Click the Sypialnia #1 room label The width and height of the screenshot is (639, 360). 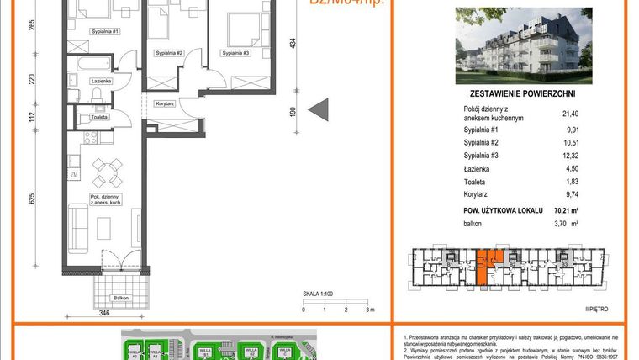(x=106, y=31)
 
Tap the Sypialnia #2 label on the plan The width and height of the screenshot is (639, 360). (x=169, y=53)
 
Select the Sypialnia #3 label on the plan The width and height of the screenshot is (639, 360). (x=236, y=53)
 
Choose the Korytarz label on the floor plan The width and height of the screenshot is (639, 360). (x=165, y=103)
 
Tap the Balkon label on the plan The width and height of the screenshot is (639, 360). (x=121, y=297)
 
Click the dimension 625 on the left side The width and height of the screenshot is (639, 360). (x=31, y=199)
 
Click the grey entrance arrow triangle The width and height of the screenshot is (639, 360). (x=318, y=109)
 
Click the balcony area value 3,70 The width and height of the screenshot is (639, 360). (x=565, y=225)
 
